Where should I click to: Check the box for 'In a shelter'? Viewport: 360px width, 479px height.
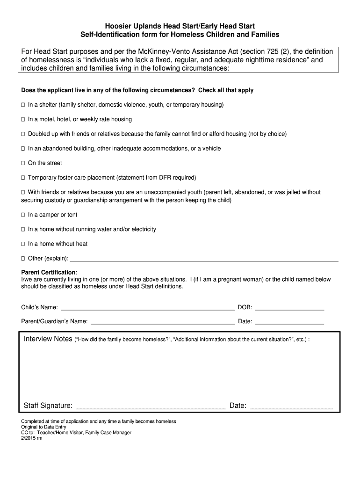(x=23, y=105)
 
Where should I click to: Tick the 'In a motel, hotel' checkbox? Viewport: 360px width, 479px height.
(x=23, y=119)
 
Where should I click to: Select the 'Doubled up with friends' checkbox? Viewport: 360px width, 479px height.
(x=23, y=134)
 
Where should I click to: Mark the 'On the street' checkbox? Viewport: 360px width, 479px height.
(x=23, y=163)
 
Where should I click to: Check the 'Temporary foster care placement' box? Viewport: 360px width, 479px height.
(x=23, y=178)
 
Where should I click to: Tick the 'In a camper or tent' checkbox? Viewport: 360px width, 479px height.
(x=23, y=215)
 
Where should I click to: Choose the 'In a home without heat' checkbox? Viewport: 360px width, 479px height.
(x=23, y=244)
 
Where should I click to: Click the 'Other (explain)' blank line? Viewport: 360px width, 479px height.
(x=203, y=259)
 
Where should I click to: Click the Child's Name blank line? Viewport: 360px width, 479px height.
(x=147, y=308)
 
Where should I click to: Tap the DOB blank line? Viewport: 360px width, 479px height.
(x=289, y=308)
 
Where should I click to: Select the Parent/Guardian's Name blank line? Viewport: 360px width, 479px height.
(x=162, y=322)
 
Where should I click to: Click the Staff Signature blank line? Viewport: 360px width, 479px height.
(x=151, y=406)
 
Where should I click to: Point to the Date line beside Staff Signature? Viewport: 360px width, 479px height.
(x=292, y=406)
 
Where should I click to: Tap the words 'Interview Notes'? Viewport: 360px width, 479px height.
(x=48, y=339)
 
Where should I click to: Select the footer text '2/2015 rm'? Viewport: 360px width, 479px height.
(x=32, y=438)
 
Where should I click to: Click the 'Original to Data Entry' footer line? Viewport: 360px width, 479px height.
(x=44, y=427)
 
